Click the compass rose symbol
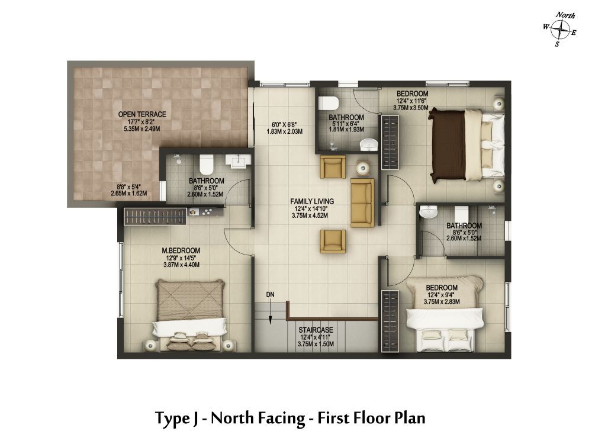[x=560, y=30]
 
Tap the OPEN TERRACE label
[x=142, y=114]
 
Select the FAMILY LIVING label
[x=312, y=202]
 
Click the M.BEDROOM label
[x=181, y=250]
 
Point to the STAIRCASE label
[x=316, y=330]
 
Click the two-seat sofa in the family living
[x=362, y=203]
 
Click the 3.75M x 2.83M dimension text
[x=442, y=302]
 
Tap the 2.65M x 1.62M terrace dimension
[x=128, y=194]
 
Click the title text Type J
[x=176, y=418]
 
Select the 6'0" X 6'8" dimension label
[x=287, y=125]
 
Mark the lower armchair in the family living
[x=333, y=241]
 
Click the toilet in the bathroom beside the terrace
[x=206, y=163]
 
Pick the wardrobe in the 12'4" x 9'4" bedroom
[x=390, y=321]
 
